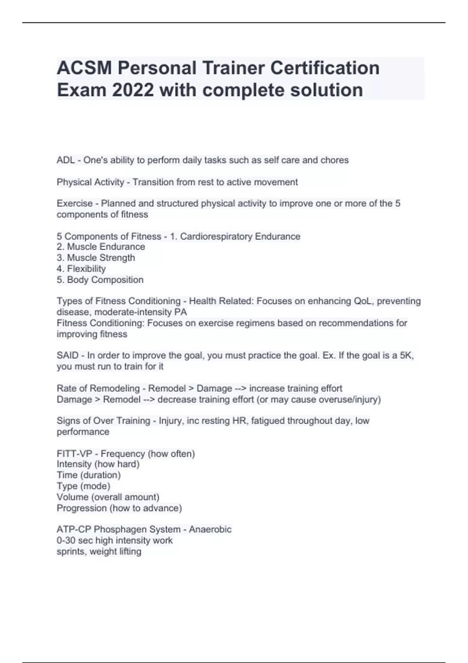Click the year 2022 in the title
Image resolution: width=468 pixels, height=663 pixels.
(133, 90)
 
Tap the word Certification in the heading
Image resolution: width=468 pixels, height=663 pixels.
(325, 68)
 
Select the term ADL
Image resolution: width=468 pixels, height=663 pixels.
(66, 160)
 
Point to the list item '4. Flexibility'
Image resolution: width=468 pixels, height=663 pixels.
(81, 269)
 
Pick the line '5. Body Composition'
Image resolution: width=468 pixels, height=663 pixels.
(100, 280)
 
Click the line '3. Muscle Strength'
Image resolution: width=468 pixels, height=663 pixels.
(96, 258)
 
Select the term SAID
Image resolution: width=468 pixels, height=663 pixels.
(67, 356)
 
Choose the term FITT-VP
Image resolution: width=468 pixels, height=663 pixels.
(74, 454)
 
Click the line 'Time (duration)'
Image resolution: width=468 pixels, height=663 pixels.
(89, 475)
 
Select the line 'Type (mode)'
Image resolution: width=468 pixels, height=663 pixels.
(83, 486)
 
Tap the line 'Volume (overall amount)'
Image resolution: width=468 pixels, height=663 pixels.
(108, 497)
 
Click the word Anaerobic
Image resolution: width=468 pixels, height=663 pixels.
(210, 530)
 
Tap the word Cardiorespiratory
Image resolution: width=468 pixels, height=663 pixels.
(216, 236)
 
